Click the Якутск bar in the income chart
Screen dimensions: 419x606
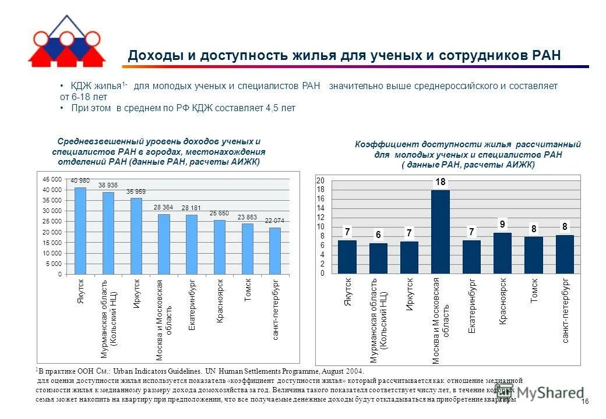coord(80,232)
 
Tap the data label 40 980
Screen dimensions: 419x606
coord(80,180)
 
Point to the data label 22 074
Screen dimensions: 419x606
coord(275,221)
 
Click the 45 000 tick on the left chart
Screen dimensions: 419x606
coord(52,179)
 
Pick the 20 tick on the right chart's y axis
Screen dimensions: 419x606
coord(320,181)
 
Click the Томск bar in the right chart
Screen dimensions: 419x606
coord(533,255)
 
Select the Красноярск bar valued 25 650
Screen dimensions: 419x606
coord(219,247)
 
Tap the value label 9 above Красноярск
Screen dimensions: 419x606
coord(502,224)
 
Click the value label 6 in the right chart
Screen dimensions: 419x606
coord(378,234)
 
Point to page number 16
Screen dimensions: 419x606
coord(586,402)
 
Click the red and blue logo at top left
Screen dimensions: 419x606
coord(66,42)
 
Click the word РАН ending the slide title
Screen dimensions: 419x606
coord(547,56)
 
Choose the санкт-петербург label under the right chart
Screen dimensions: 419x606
coord(565,311)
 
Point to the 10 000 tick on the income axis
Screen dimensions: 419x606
coord(52,253)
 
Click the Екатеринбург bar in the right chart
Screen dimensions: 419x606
coord(471,257)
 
